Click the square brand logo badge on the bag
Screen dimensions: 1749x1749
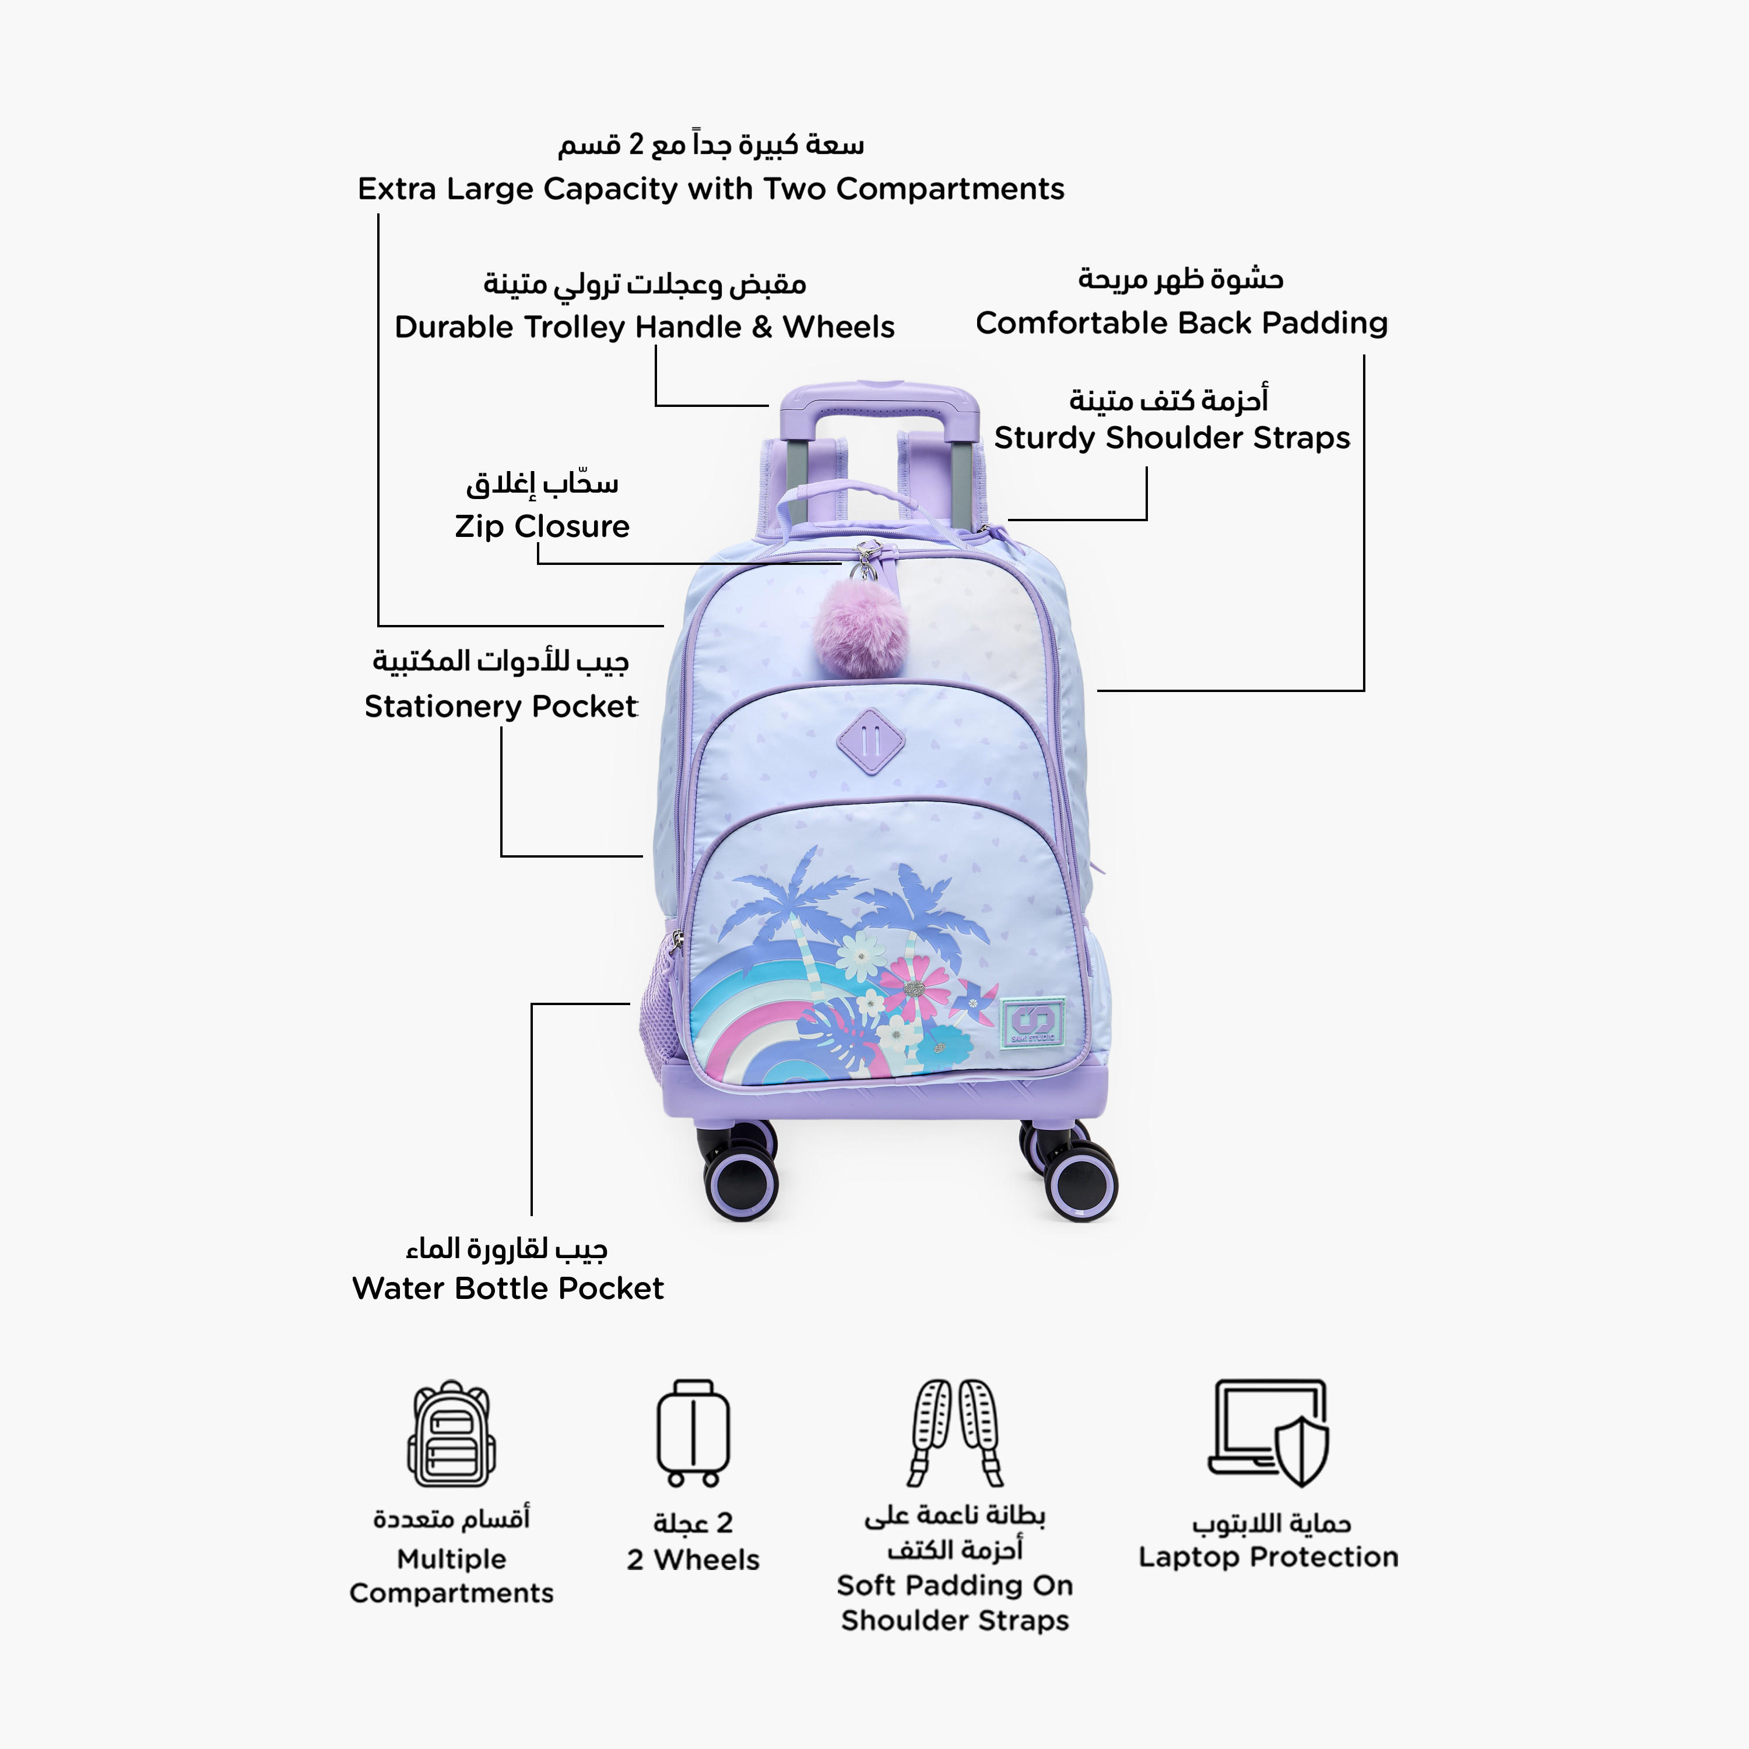pos(1032,1023)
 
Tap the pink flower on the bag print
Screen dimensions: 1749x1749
pos(916,987)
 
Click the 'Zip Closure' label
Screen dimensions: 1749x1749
pos(542,526)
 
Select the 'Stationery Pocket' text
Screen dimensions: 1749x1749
pos(501,706)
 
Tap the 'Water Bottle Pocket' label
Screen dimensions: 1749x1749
pos(508,1288)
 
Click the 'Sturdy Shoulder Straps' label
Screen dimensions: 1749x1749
pos(1171,438)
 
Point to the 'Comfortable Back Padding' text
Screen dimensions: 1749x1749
pos(1181,323)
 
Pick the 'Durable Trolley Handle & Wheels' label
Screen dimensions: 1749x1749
pos(645,327)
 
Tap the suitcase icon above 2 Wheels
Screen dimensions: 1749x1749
pos(693,1434)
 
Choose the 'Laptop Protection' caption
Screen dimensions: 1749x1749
pos(1268,1557)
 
